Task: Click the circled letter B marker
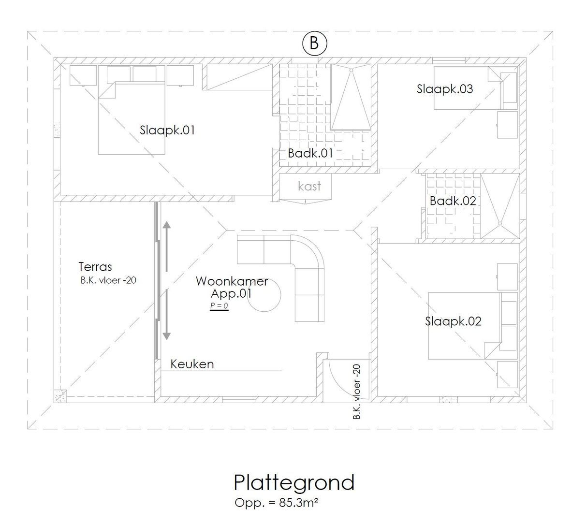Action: click(x=314, y=43)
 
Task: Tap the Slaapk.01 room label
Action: click(x=167, y=130)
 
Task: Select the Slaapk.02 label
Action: click(x=453, y=321)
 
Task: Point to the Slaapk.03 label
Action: click(x=445, y=89)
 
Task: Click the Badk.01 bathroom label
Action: click(x=310, y=154)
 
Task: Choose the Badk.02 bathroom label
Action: click(x=453, y=201)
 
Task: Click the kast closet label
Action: click(x=309, y=186)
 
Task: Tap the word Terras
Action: click(x=95, y=267)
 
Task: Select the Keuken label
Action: click(x=192, y=364)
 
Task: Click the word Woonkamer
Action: click(x=232, y=281)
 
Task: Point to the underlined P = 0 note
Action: click(x=219, y=306)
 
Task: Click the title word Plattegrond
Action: click(x=294, y=482)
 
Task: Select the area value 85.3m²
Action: click(x=298, y=503)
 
